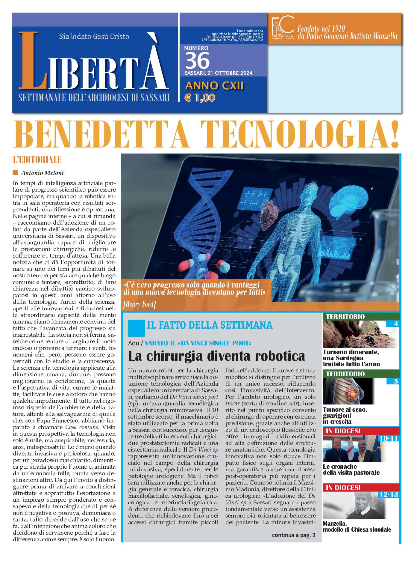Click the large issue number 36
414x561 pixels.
pos(197,61)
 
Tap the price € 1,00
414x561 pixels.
pos(200,98)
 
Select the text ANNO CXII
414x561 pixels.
pos(214,86)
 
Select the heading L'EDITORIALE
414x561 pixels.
pos(37,160)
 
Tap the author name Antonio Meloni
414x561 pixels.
pos(42,173)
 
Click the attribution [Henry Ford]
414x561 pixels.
pos(139,305)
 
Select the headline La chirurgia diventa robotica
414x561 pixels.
pos(216,356)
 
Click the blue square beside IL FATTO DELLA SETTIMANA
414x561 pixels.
pos(136,328)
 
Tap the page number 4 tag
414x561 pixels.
pos(396,324)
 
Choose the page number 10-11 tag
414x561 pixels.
pos(388,438)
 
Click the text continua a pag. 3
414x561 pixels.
pos(293,535)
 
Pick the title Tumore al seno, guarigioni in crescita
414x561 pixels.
pos(345,415)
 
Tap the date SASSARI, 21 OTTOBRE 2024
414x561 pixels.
pos(218,73)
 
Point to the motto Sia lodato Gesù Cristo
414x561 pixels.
pos(94,37)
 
